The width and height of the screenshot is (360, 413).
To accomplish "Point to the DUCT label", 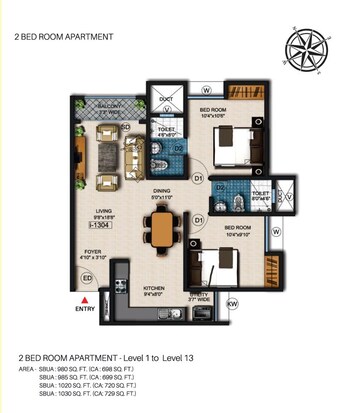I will (165, 99).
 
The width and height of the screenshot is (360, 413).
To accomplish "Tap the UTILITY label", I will (198, 294).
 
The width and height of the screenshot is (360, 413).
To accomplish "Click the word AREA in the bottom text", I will (29, 370).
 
